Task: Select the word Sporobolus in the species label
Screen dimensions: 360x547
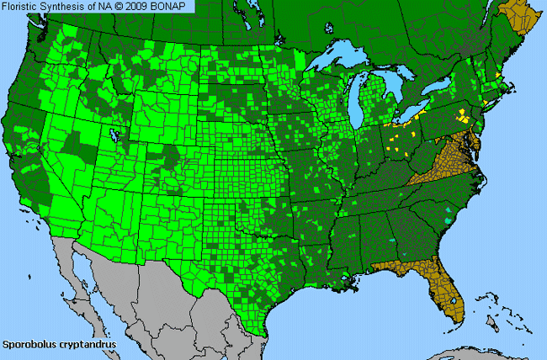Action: [x=31, y=344]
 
